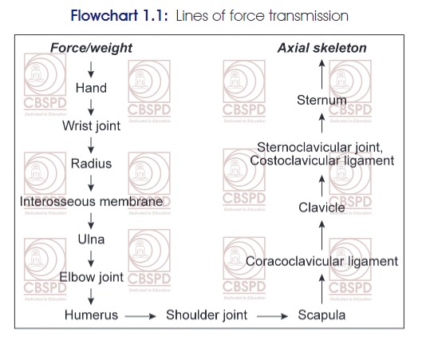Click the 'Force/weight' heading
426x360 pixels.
coord(91,48)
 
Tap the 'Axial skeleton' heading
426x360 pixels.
coord(322,48)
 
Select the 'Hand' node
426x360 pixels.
coord(91,88)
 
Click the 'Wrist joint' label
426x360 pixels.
coord(91,126)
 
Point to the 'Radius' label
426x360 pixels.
coord(91,164)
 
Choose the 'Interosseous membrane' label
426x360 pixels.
coord(91,202)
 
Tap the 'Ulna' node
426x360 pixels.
coord(91,239)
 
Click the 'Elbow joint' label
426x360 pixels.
coord(91,277)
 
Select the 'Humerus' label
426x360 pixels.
coord(91,315)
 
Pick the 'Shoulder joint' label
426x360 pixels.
coord(207,315)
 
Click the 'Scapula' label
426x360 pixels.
coord(322,315)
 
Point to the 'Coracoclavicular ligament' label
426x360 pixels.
coord(322,262)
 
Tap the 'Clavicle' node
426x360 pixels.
coord(322,208)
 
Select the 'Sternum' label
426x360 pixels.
coord(322,100)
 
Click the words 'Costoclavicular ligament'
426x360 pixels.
coord(322,160)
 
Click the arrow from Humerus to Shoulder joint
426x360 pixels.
coord(140,316)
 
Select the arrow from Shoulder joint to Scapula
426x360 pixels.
coord(273,316)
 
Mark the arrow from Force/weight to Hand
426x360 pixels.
coord(91,69)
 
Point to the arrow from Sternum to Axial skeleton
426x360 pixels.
coord(322,74)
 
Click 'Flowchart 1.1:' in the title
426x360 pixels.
coord(120,16)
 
